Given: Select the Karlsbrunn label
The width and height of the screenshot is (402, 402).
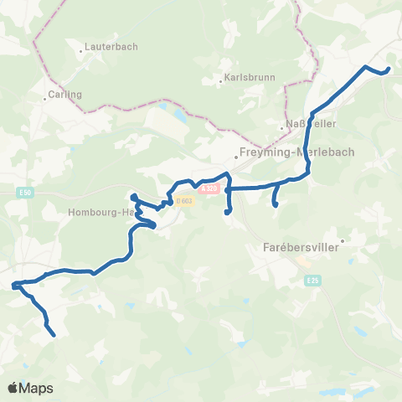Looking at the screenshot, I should (245, 81).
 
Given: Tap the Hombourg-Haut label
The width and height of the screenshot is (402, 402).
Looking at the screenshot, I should (101, 212).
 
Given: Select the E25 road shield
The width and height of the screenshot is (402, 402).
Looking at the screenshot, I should (312, 278).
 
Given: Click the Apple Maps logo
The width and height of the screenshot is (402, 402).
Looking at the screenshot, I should (30, 388).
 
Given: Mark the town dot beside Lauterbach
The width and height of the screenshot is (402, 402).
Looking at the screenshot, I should (81, 50).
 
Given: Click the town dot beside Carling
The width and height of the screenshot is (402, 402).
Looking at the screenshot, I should (45, 99).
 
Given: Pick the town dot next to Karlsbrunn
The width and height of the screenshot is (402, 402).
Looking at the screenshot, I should (219, 81).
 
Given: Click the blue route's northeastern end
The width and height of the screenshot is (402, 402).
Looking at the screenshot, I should (389, 70).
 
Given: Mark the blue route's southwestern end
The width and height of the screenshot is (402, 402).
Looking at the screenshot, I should (54, 335).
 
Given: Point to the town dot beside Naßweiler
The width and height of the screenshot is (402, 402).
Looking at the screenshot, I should (282, 128).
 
